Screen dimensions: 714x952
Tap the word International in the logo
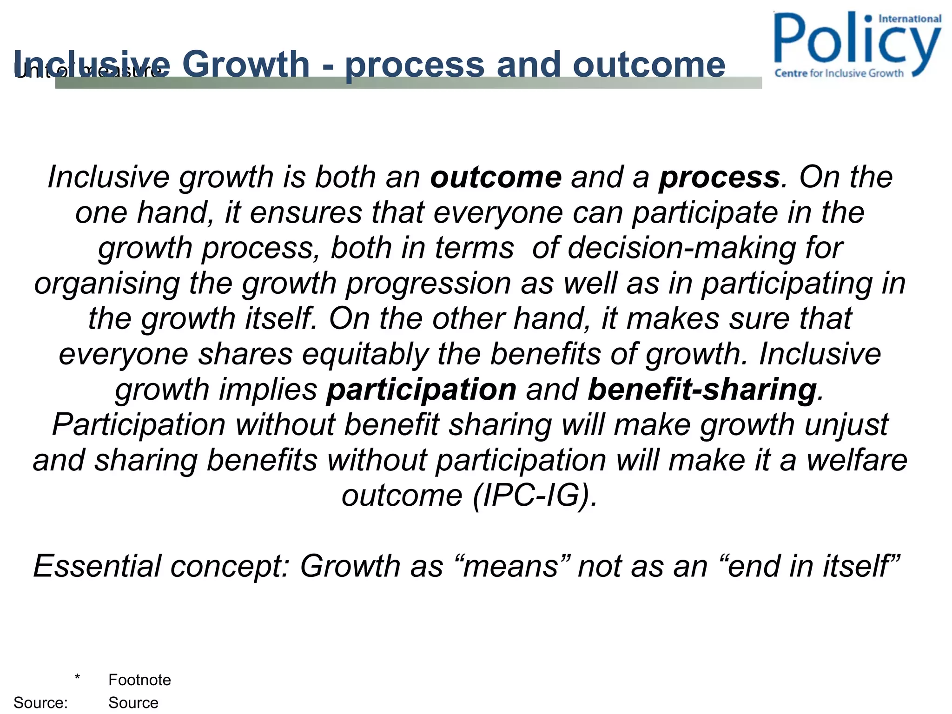[910, 19]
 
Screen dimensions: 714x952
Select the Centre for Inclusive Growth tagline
[839, 73]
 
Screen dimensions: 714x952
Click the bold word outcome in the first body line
[496, 177]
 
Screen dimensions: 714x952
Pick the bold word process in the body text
[719, 178]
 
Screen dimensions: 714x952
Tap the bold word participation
[421, 390]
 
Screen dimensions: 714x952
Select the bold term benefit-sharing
[702, 390]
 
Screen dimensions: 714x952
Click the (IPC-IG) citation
[535, 496]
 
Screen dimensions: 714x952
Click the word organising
[107, 284]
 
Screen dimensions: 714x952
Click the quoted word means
[510, 566]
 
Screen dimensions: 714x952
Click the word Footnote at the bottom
[139, 680]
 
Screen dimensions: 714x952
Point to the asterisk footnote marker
[77, 678]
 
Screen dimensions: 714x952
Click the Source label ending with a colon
[40, 702]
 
